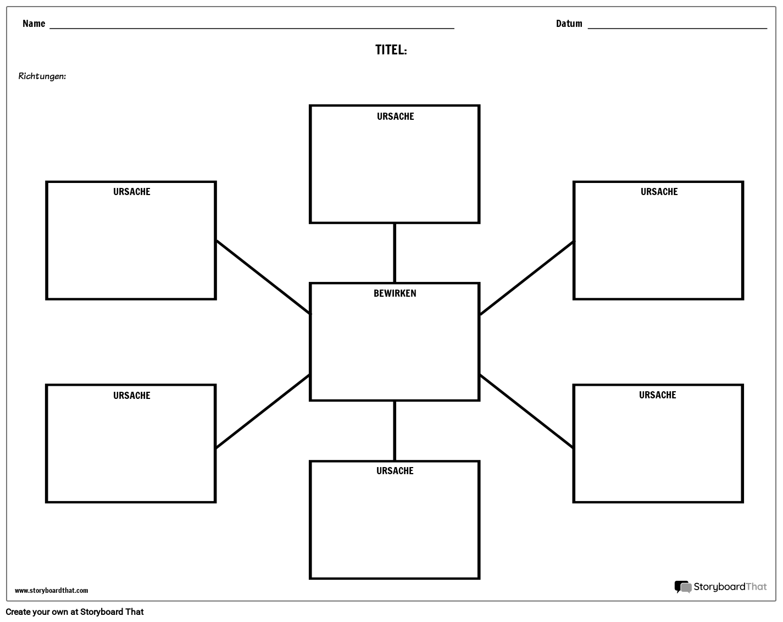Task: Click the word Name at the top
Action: [x=34, y=24]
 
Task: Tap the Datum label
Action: [x=569, y=24]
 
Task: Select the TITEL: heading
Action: [x=391, y=50]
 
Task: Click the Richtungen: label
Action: [x=42, y=76]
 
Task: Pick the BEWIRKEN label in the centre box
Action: [x=395, y=293]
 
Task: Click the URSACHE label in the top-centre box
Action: [x=395, y=116]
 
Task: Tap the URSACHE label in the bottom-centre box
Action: [x=395, y=471]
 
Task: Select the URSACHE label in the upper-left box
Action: [x=131, y=192]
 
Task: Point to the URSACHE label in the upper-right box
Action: [x=659, y=192]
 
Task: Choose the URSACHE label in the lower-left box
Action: [x=131, y=396]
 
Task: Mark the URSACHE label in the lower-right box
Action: [x=657, y=395]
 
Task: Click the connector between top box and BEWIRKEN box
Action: [x=395, y=253]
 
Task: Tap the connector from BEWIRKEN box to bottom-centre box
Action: [x=395, y=431]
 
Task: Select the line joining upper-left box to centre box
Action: [x=263, y=277]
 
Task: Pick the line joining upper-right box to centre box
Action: [x=526, y=278]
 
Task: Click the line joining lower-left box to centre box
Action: [x=263, y=411]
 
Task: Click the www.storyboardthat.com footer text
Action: [x=51, y=591]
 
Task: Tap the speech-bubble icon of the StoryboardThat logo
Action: [x=682, y=587]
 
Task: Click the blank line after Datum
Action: [x=677, y=27]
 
